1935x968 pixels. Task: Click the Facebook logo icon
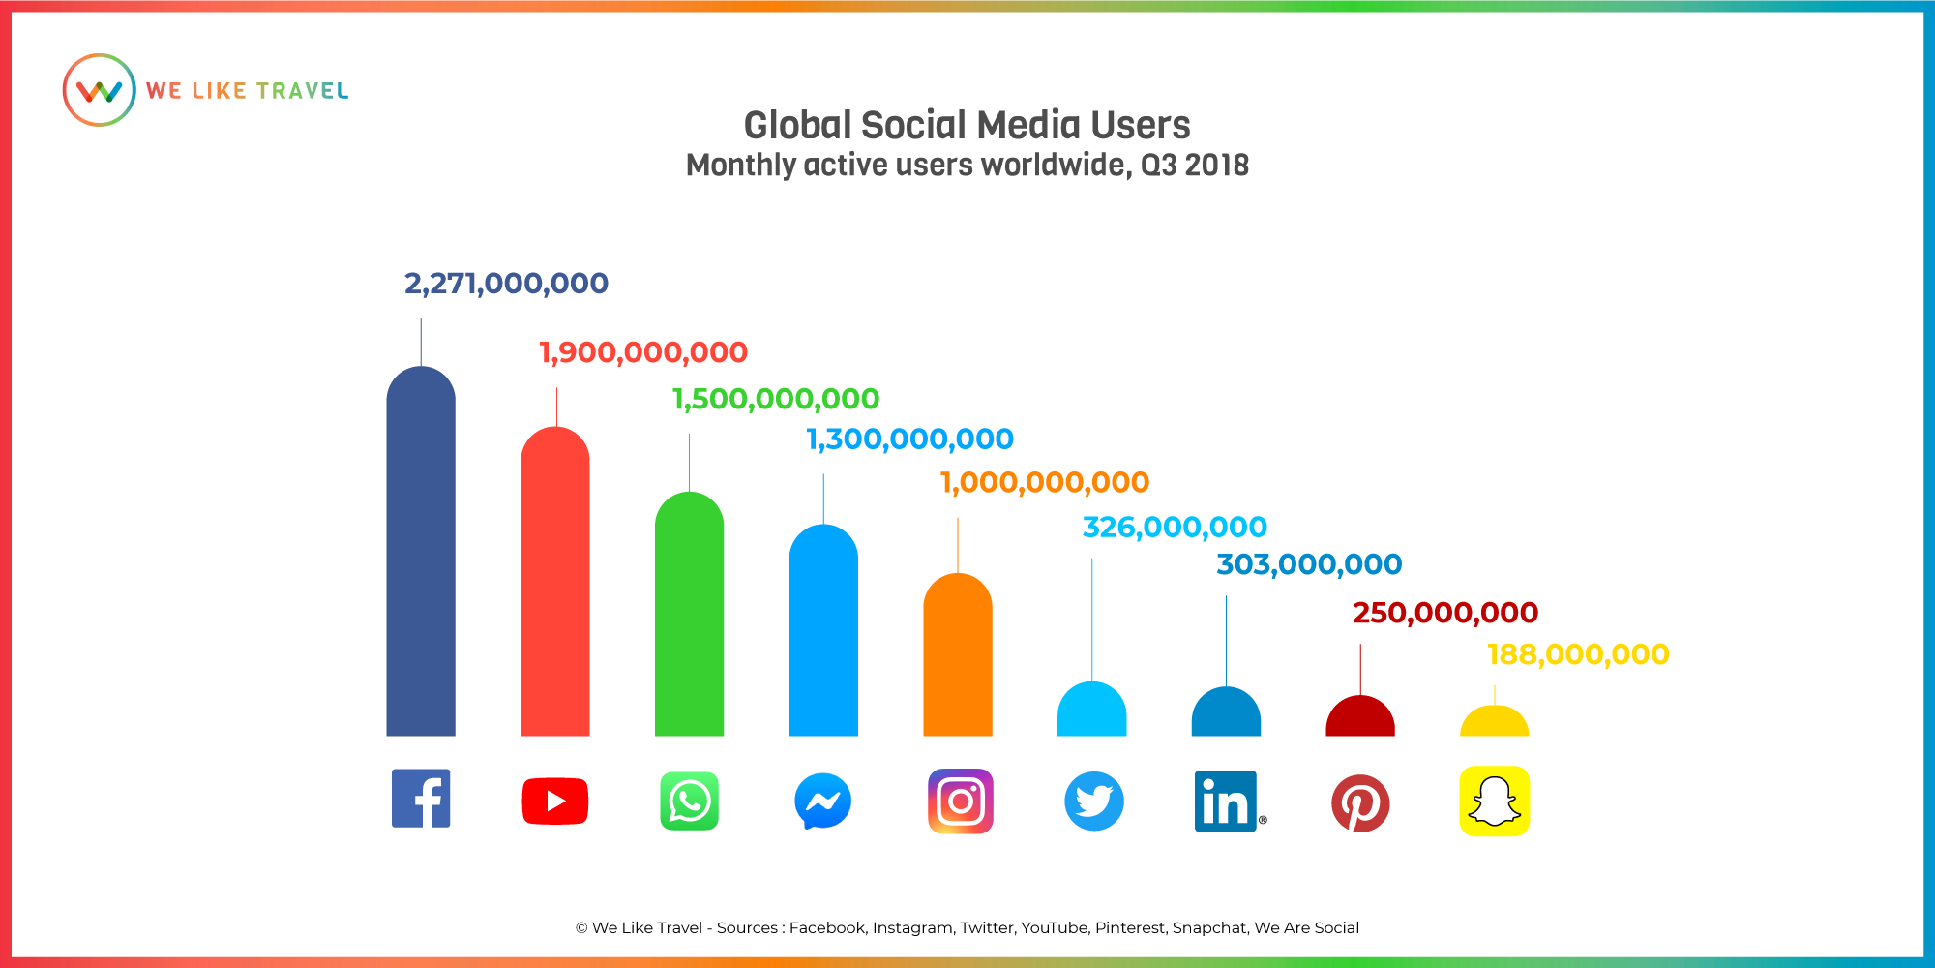(421, 799)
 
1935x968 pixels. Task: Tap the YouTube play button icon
(555, 801)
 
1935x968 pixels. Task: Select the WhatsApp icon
(689, 801)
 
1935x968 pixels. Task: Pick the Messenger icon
(823, 801)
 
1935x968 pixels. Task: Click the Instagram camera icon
(961, 801)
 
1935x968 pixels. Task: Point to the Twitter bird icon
(1094, 801)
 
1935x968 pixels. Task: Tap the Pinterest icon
(1360, 803)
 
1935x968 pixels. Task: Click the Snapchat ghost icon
(1495, 801)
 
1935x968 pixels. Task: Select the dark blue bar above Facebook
(421, 551)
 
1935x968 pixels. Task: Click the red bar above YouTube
(555, 581)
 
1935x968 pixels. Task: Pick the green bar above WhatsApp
(689, 614)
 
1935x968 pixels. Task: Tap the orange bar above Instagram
(958, 654)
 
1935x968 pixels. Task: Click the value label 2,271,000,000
(506, 284)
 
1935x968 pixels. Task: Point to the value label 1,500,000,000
(776, 399)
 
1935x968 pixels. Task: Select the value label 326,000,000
(1175, 528)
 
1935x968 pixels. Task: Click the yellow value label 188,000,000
(1578, 655)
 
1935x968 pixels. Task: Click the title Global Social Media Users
(967, 126)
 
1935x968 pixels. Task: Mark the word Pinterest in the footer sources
(1130, 927)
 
